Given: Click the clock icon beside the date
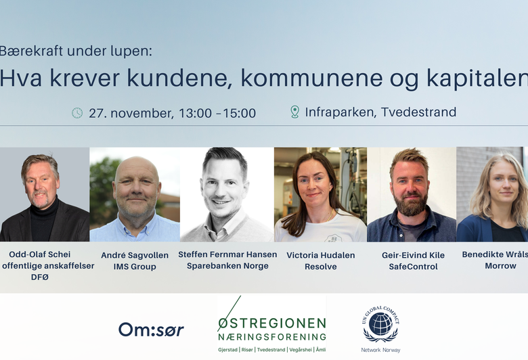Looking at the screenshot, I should click(77, 113).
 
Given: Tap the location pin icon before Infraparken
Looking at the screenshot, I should click(294, 112).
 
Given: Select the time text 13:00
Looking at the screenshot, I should click(195, 113).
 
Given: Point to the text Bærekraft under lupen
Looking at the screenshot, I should click(76, 51).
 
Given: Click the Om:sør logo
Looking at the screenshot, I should click(151, 330).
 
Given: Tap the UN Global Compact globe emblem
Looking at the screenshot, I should click(380, 325).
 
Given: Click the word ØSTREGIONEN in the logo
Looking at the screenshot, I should click(271, 323).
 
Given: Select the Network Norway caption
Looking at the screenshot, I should click(380, 350).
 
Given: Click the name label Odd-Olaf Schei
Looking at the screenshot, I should click(39, 254).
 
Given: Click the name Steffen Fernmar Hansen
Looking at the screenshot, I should click(227, 254).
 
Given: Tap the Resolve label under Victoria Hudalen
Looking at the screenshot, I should click(321, 267).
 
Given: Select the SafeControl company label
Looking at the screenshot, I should click(413, 267).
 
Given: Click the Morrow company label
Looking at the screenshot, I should click(500, 266).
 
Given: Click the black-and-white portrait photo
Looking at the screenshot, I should click(226, 194).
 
